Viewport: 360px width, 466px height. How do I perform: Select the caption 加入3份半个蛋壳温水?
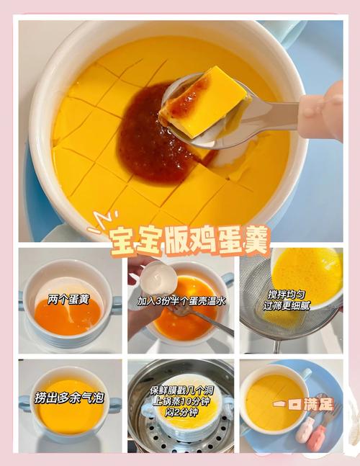(181, 300)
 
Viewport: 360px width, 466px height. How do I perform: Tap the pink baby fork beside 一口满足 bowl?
(318, 432)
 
